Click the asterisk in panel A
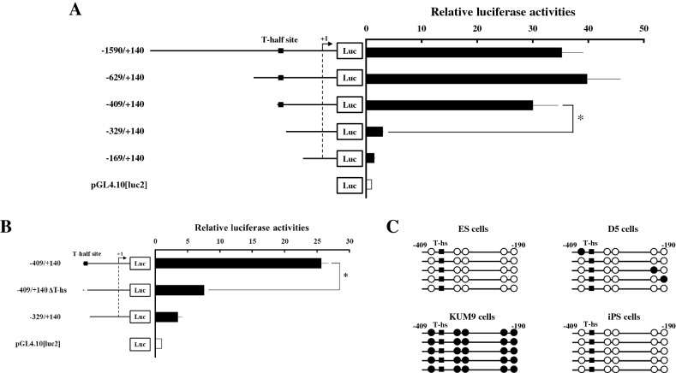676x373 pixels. pos(581,118)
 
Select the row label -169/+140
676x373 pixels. pos(123,158)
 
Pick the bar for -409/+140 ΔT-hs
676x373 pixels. pos(179,289)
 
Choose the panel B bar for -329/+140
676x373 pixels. pos(166,317)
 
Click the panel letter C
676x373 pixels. pos(392,227)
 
